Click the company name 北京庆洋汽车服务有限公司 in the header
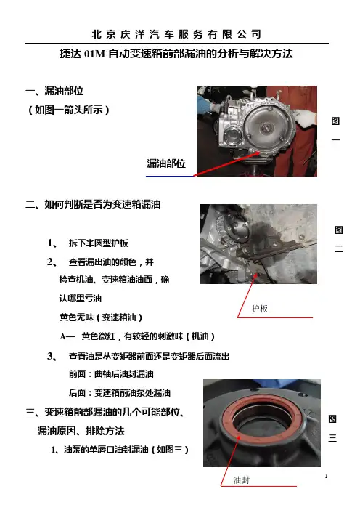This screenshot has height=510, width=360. click(176, 34)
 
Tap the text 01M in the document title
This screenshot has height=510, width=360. click(94, 54)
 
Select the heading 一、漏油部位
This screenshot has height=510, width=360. click(54, 91)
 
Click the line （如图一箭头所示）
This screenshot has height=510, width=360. click(68, 110)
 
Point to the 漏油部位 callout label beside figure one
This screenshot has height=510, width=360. click(166, 163)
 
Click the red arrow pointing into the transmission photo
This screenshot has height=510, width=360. click(226, 163)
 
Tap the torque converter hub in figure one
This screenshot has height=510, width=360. click(267, 127)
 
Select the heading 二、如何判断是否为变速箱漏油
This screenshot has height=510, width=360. click(93, 204)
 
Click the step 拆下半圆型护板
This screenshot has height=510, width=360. click(98, 243)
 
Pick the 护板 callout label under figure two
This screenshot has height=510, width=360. click(260, 309)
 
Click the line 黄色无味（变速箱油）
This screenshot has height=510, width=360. click(101, 317)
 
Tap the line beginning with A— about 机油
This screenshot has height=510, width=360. click(137, 336)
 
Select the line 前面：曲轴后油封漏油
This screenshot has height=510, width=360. click(111, 374)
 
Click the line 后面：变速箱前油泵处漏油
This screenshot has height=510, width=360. click(119, 393)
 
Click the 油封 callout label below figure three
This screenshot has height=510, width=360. click(242, 480)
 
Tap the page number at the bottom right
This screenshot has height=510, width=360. click(326, 477)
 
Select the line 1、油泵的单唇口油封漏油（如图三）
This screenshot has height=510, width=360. click(120, 450)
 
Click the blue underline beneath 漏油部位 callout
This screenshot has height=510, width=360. click(170, 176)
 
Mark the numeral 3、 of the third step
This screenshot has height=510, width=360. click(52, 356)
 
